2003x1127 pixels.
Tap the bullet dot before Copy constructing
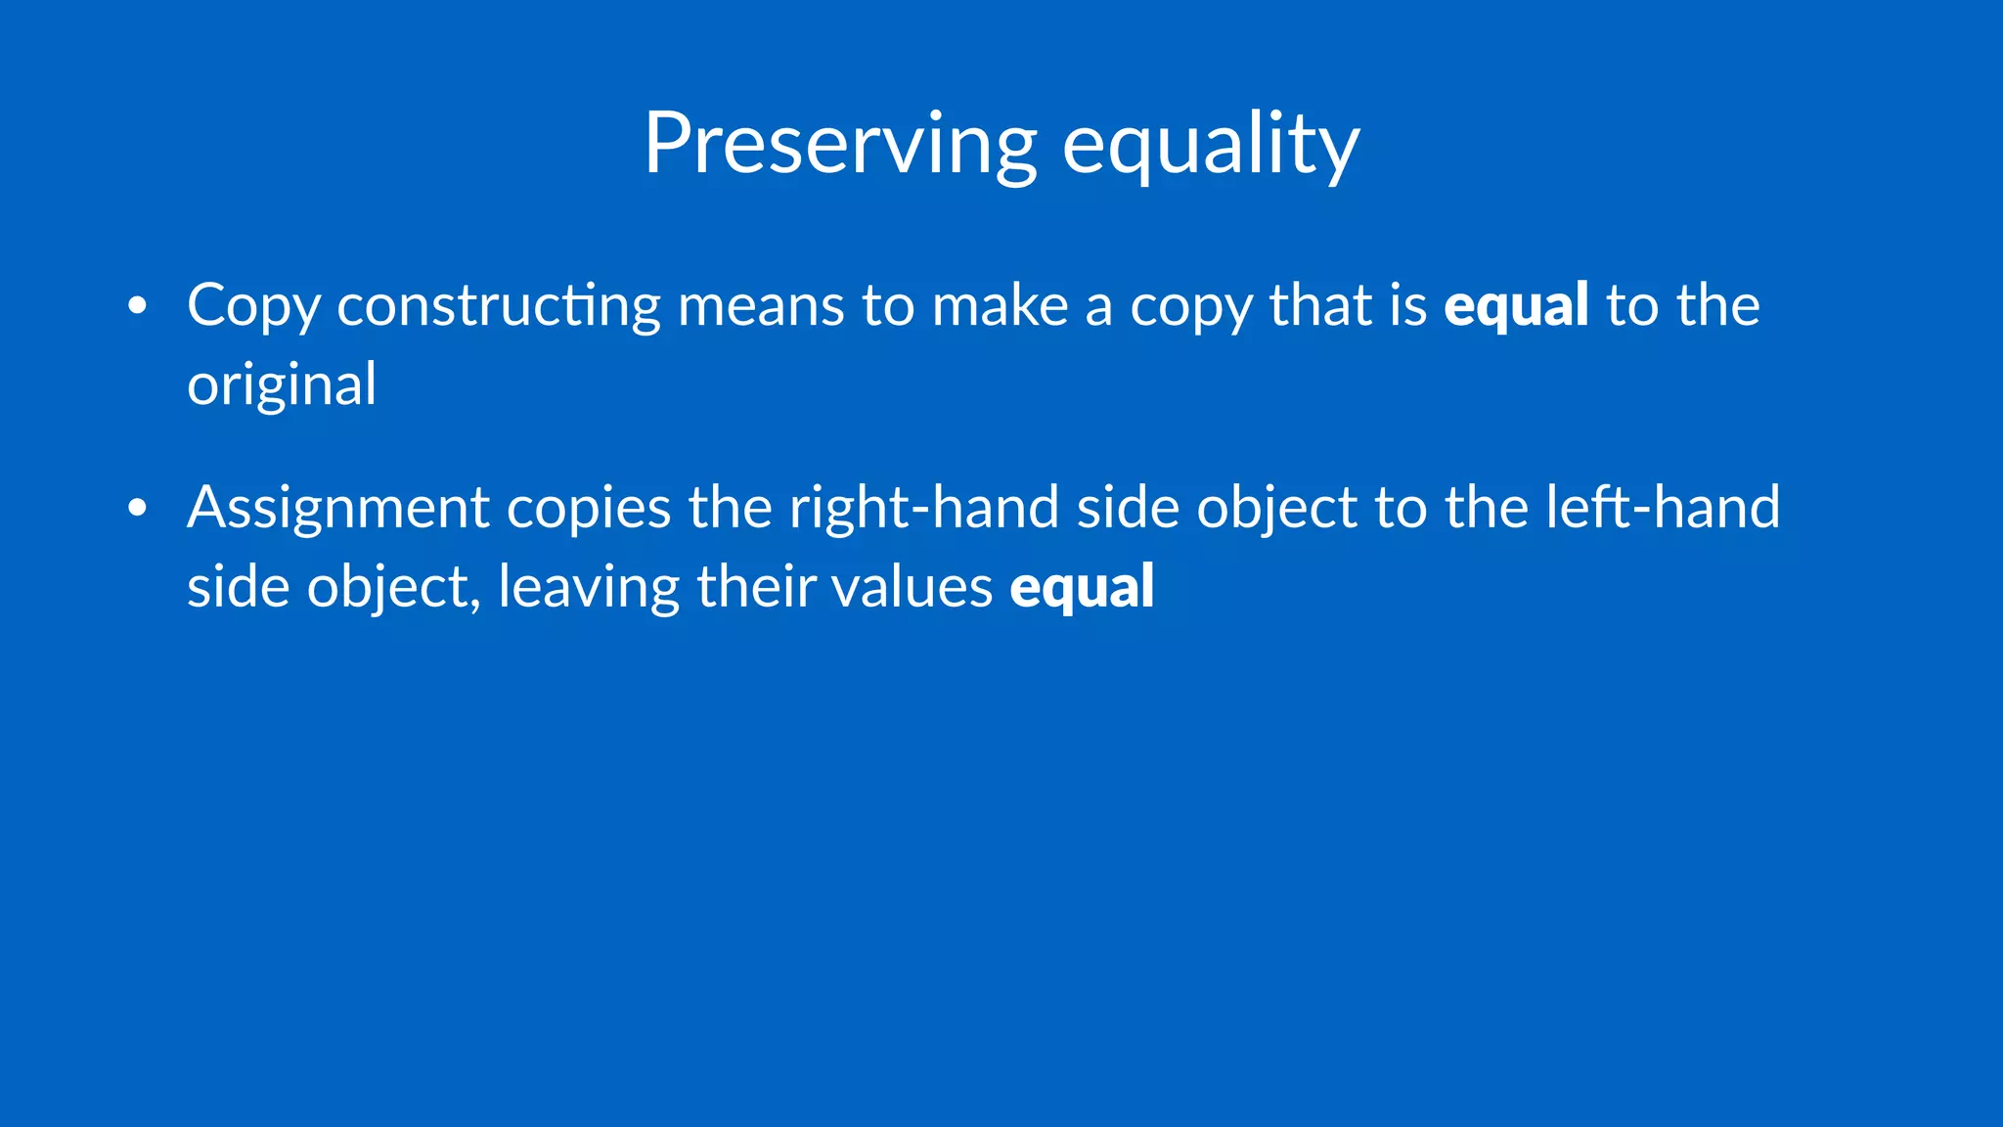click(138, 306)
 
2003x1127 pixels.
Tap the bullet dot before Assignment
click(138, 508)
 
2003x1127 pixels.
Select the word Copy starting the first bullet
click(253, 307)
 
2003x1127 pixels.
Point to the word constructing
click(499, 307)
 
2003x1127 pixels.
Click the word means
click(761, 305)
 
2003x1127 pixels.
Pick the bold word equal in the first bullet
click(1516, 307)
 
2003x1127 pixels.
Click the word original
click(282, 385)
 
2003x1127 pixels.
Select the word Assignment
click(338, 509)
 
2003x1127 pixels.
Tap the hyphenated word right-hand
click(924, 509)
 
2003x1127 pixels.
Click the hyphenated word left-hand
click(1663, 507)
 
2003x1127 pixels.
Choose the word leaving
click(589, 588)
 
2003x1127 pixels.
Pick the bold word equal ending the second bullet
click(1082, 587)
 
